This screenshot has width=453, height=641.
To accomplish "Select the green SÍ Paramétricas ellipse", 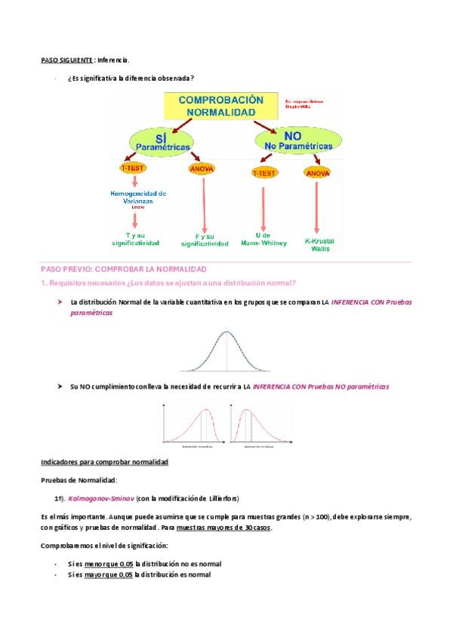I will coord(160,140).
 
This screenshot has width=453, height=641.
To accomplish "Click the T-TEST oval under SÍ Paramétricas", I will coord(133,166).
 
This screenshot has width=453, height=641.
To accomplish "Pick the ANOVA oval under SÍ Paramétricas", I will coord(202,168).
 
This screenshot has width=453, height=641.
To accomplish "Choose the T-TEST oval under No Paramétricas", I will coord(263,172).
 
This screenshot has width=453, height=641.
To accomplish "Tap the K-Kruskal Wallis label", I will coord(319,244).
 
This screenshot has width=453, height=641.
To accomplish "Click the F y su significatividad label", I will coord(205,240).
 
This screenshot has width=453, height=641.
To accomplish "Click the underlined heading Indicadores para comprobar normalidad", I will coord(104,462).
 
